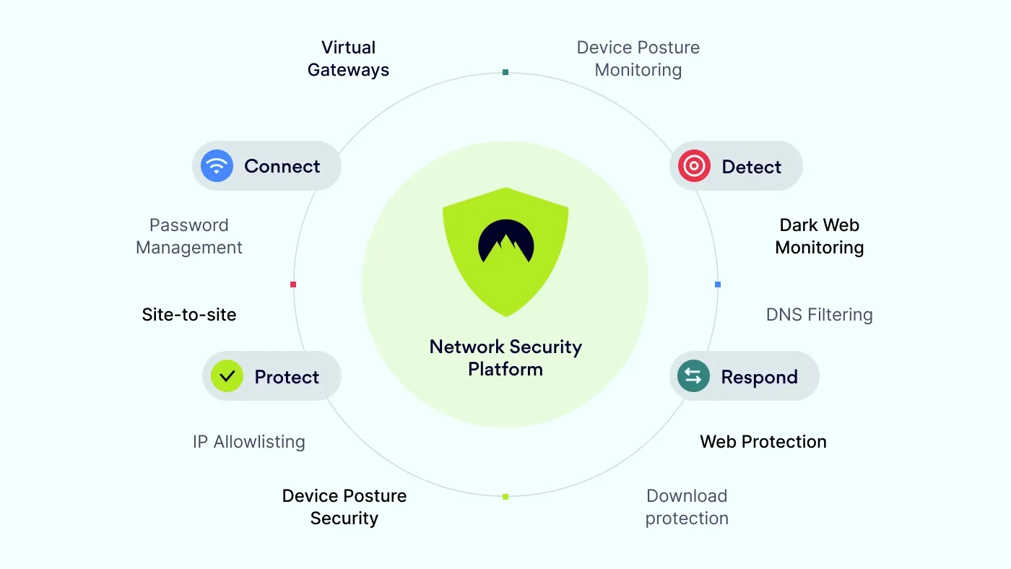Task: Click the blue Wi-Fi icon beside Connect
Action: (x=217, y=166)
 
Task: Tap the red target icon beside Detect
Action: (x=694, y=166)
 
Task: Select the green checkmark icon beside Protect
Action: (x=227, y=376)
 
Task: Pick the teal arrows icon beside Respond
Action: (x=693, y=376)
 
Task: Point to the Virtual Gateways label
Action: (x=348, y=58)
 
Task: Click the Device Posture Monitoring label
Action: (x=638, y=58)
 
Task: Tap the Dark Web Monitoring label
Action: (x=819, y=236)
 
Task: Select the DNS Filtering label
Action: (x=819, y=315)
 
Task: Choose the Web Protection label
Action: (x=763, y=442)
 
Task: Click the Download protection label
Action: (x=687, y=507)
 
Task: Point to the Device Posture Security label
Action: (x=344, y=507)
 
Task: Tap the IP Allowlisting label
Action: (x=249, y=442)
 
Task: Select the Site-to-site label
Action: (x=189, y=315)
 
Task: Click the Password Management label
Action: (x=189, y=236)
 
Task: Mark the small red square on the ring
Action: (x=293, y=284)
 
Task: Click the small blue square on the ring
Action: (x=718, y=284)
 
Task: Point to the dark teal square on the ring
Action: (x=506, y=72)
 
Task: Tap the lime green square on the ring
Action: (x=506, y=496)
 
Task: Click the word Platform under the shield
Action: (x=506, y=369)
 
